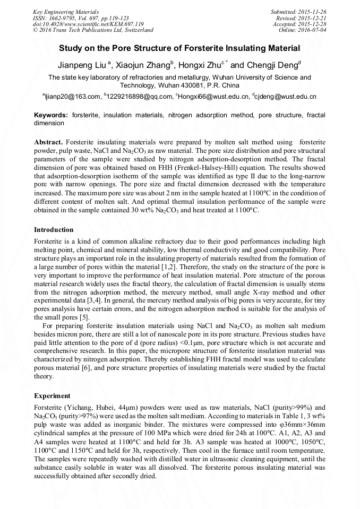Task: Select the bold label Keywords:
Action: click(x=51, y=115)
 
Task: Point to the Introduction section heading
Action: click(x=54, y=230)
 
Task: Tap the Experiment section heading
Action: click(x=52, y=396)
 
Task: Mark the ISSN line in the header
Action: click(x=80, y=18)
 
